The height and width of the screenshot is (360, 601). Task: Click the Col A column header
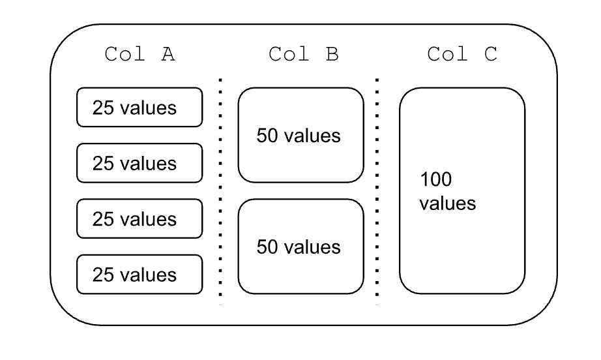point(139,55)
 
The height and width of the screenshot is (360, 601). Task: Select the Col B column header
point(303,55)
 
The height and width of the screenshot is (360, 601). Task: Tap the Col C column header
point(462,55)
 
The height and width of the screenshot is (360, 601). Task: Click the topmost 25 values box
point(139,108)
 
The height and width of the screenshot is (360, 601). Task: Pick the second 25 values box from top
point(139,163)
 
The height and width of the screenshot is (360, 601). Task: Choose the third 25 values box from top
point(139,218)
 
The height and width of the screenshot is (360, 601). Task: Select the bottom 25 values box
point(139,275)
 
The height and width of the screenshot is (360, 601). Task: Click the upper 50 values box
point(300,136)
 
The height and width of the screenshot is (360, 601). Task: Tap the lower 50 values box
point(300,247)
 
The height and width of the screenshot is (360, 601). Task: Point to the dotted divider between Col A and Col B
point(220,189)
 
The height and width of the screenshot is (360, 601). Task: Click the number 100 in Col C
point(435,179)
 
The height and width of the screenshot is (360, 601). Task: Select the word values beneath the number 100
point(447,203)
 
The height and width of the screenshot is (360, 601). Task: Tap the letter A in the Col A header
point(168,55)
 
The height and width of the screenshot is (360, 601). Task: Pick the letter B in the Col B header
point(332,55)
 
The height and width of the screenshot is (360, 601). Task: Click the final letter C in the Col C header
point(491,55)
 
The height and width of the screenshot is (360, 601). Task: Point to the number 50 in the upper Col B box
point(266,136)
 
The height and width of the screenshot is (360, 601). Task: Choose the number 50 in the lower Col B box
point(266,247)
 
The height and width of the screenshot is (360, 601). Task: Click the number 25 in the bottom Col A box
point(103,275)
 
